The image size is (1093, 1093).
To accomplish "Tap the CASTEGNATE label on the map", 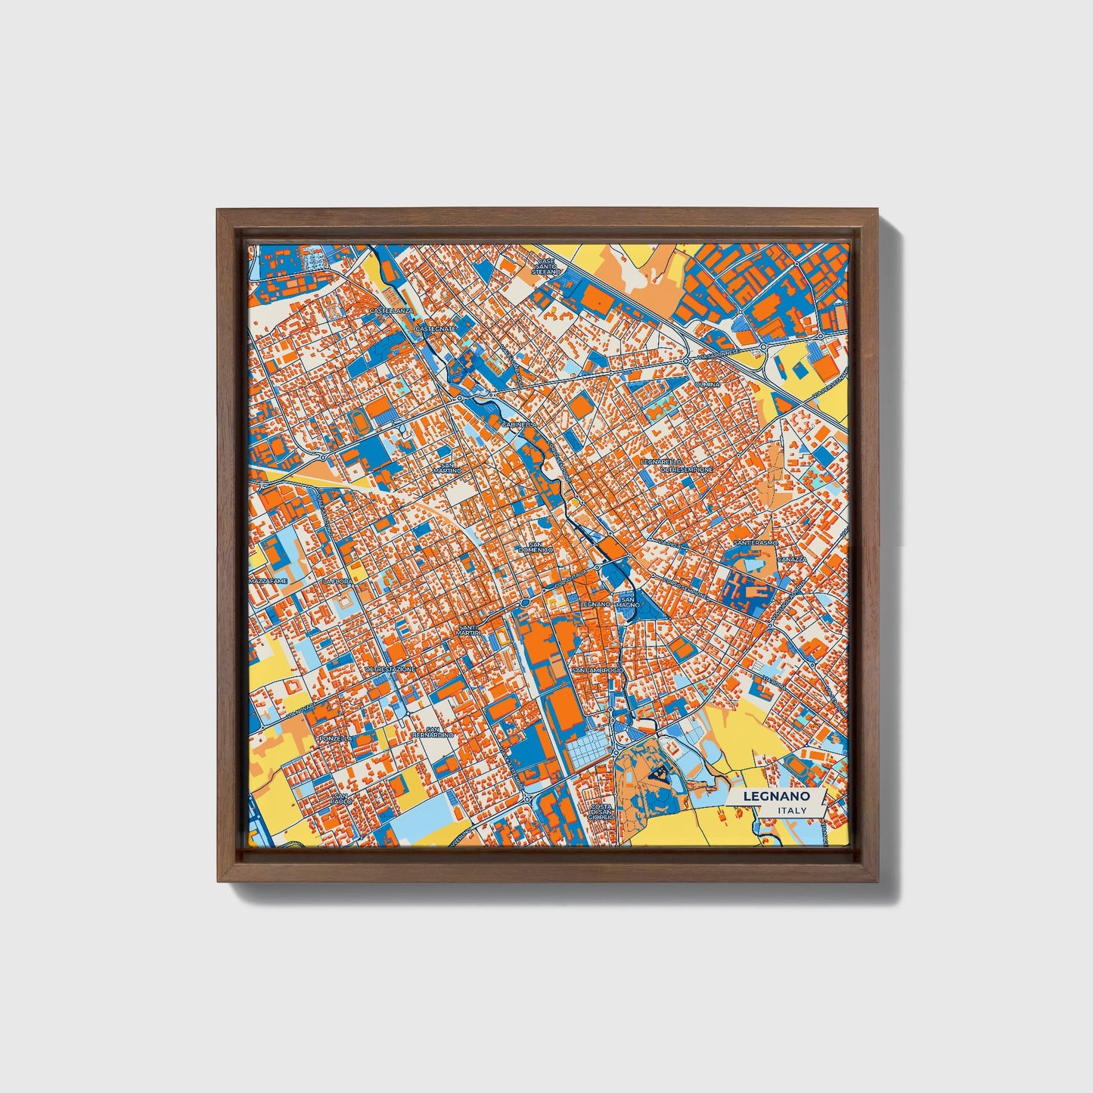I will (x=436, y=329).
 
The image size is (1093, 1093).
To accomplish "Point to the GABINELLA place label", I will (x=518, y=425).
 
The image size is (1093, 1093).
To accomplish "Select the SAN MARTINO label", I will (x=447, y=468).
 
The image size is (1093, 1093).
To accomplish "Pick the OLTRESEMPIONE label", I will (x=687, y=470).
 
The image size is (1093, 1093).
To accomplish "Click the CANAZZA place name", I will (x=793, y=559).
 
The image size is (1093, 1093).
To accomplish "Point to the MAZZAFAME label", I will (x=269, y=581).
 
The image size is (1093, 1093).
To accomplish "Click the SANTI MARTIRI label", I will (x=470, y=630).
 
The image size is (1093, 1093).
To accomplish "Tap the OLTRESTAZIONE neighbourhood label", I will (x=390, y=669).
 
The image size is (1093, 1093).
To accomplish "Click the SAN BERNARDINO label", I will (x=433, y=731).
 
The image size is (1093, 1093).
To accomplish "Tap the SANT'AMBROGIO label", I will (x=598, y=670).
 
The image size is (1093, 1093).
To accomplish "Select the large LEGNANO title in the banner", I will (x=776, y=796).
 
